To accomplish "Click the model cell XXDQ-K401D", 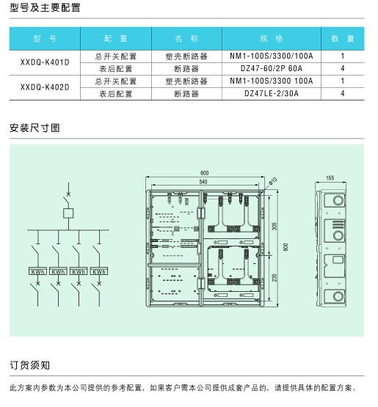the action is pos(45,62).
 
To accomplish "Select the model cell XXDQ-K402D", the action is pos(45,87).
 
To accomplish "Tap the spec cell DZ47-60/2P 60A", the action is pos(272,68).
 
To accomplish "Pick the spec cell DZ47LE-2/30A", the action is pos(272,93).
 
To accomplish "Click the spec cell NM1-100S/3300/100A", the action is pos(272,56).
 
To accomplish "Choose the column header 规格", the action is pos(272,39).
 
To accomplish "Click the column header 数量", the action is pos(343,39).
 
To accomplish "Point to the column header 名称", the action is pos(186,39).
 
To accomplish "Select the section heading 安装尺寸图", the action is pos(34,128).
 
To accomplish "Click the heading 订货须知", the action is pos(29,365).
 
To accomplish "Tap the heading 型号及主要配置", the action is pos(45,7).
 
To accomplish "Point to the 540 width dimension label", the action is pos(203,182).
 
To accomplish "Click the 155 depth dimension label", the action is pos(330,177).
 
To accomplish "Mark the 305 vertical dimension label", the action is pos(275,226).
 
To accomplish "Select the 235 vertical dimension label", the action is pos(275,277).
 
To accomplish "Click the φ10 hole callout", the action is pos(273,181).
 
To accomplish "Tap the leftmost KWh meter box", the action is pos(37,271).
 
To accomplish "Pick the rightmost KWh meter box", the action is pos(99,271).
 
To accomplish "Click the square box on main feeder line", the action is pos(68,213).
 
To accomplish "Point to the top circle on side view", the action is pos(338,200).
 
